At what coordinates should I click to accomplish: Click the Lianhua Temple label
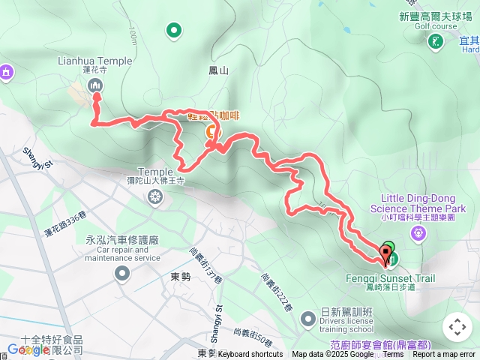tap(94, 61)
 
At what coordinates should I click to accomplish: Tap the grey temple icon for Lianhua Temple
tap(96, 85)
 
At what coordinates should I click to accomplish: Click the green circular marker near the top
tap(174, 31)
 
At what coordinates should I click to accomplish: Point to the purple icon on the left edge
tap(6, 73)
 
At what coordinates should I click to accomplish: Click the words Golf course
tap(435, 25)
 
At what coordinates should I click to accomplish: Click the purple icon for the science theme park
tap(419, 232)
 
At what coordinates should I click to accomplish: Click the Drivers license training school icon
tap(307, 320)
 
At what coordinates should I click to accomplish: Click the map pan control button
tap(457, 327)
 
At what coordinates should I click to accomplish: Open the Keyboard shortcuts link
tap(250, 354)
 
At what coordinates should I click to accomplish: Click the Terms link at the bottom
tap(393, 354)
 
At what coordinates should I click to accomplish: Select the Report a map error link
tap(445, 354)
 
